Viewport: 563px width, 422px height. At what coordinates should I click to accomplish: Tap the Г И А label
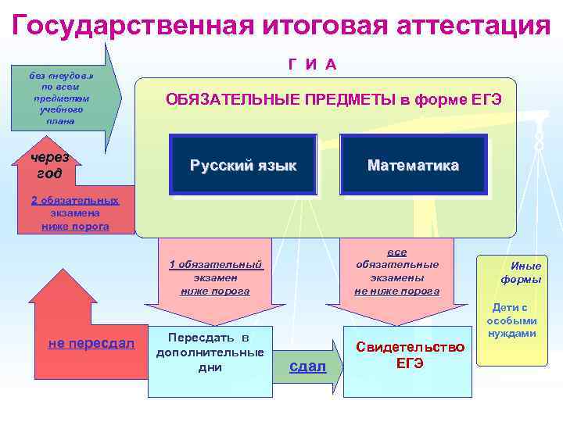click(x=312, y=64)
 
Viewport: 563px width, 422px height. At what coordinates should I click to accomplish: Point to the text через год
click(x=49, y=165)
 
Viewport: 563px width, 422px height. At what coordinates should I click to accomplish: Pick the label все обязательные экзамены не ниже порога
click(x=397, y=272)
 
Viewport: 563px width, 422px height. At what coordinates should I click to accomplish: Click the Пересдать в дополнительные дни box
click(x=210, y=352)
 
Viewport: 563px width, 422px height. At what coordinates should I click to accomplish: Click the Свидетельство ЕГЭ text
click(x=410, y=355)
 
